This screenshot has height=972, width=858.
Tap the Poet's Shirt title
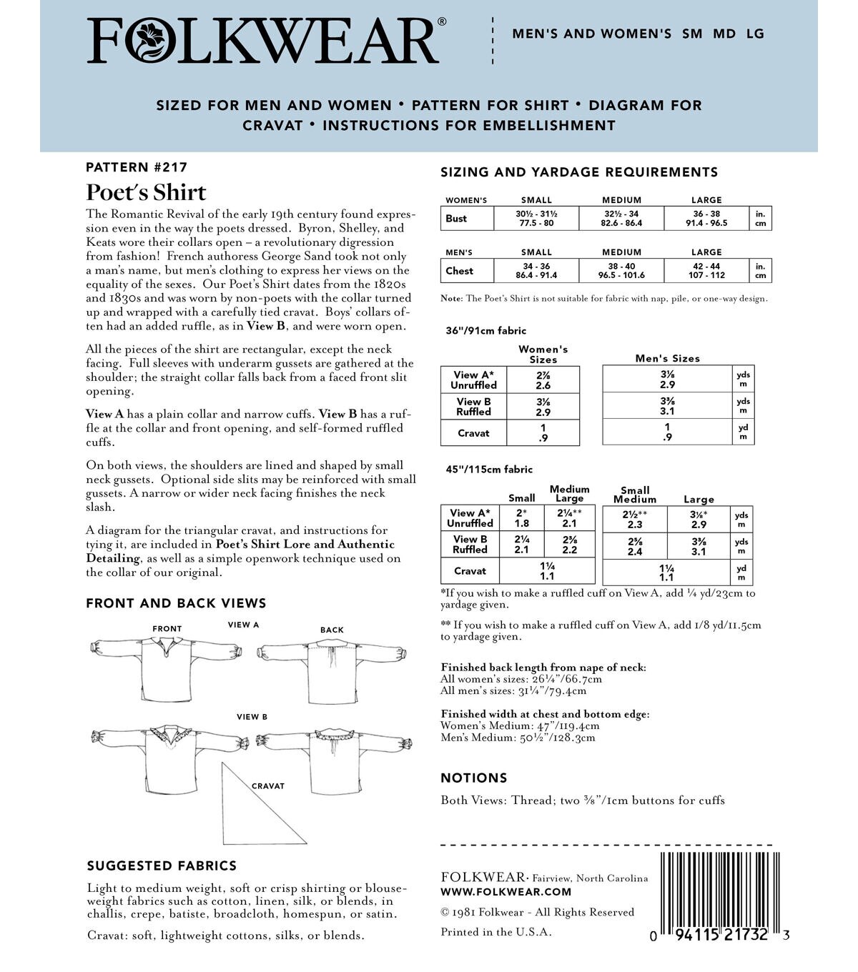(x=146, y=192)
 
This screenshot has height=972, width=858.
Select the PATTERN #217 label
(x=136, y=167)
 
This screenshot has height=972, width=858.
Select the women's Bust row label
(x=456, y=219)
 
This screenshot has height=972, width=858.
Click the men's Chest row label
(x=459, y=271)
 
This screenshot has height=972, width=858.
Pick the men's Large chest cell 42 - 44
(x=706, y=271)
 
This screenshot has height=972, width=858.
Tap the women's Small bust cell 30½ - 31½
(x=536, y=219)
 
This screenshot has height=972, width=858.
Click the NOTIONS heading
(x=474, y=778)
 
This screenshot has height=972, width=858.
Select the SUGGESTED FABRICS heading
(x=162, y=866)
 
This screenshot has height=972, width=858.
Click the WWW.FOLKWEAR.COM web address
(x=506, y=891)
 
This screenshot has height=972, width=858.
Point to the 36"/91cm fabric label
(x=485, y=331)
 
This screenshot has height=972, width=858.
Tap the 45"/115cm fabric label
(x=488, y=470)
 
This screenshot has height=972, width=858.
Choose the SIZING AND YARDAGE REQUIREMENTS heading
(x=579, y=172)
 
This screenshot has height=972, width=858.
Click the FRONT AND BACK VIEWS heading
(x=176, y=603)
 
